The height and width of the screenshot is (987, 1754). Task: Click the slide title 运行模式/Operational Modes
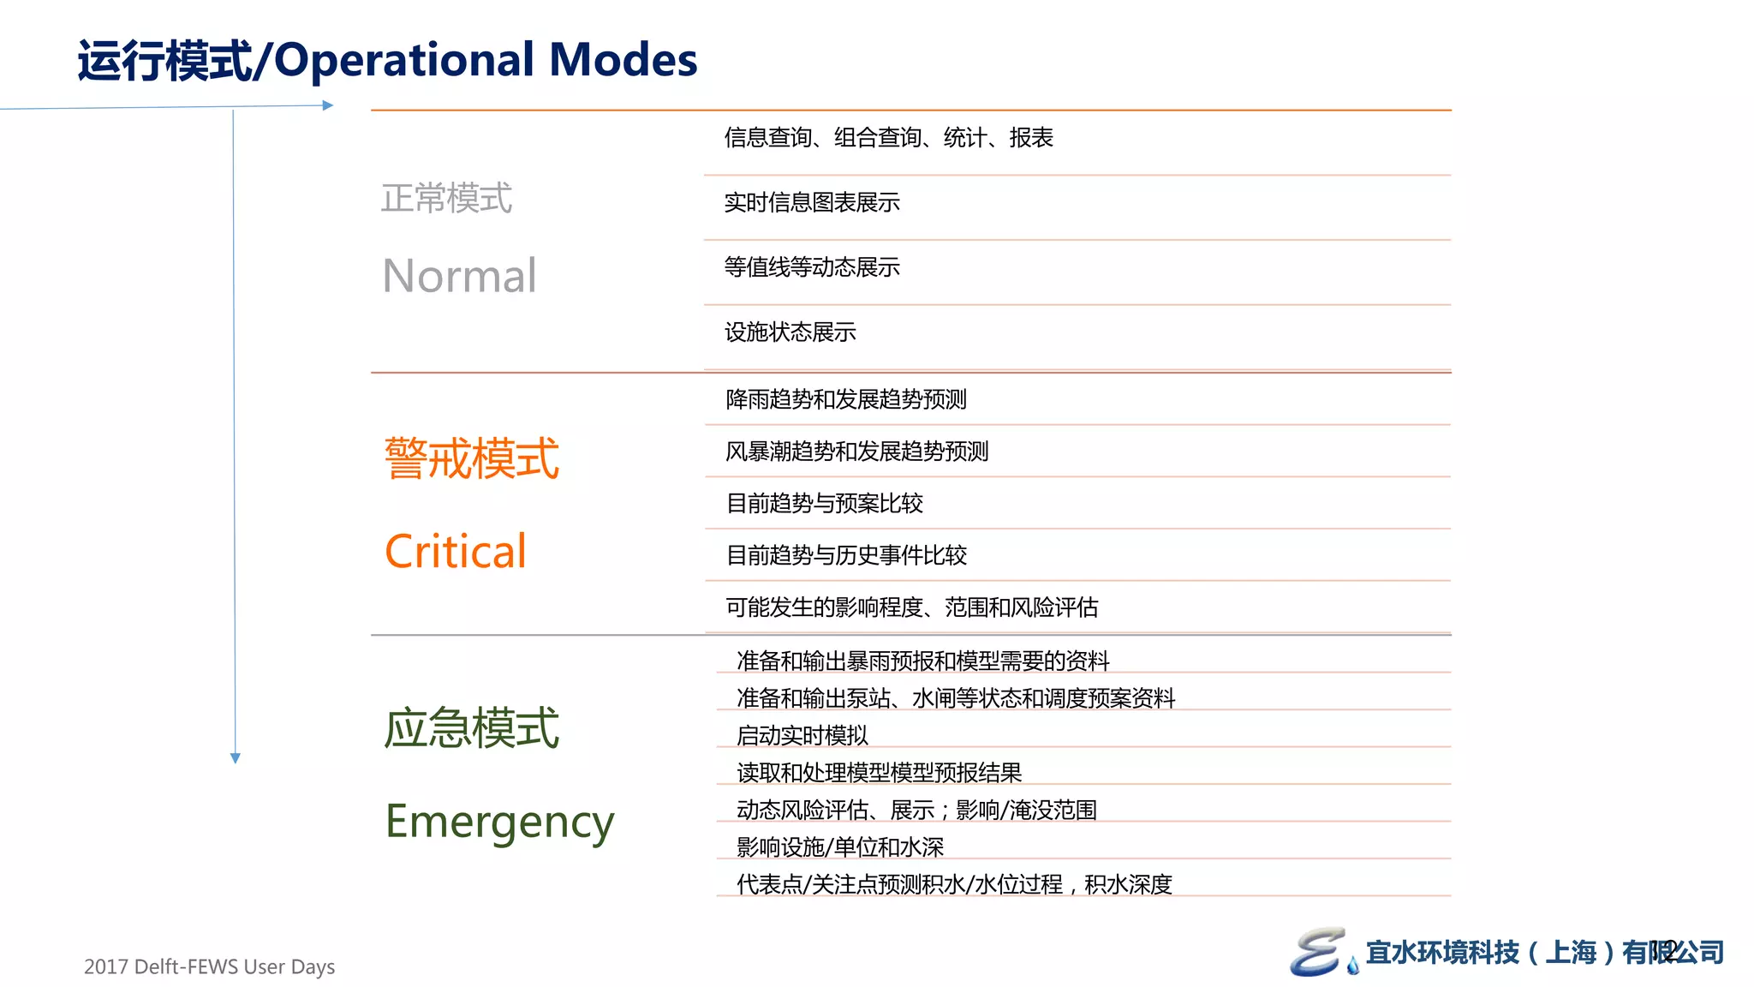pos(387,60)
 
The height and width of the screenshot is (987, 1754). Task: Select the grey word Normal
pos(459,276)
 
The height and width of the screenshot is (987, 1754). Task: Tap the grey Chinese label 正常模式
pos(446,198)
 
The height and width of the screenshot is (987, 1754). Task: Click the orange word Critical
pos(455,551)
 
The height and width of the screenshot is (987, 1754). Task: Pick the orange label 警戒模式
pos(471,458)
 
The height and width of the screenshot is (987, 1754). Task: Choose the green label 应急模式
pos(471,728)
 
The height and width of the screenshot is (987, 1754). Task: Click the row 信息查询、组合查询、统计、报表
pos(888,137)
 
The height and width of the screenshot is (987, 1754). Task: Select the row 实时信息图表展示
pos(812,202)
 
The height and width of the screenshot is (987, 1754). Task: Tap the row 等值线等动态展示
pos(812,267)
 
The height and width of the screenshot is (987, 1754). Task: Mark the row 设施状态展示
pos(790,332)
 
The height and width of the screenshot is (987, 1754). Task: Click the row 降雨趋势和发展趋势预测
pos(845,399)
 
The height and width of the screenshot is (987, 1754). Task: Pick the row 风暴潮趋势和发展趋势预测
pos(856,452)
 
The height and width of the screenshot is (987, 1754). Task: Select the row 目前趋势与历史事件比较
pos(846,555)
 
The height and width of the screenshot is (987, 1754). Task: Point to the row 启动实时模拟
pos(802,735)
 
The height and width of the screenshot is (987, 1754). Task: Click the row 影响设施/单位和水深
pos(839,846)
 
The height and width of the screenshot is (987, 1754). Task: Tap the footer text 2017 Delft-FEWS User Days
pos(209,966)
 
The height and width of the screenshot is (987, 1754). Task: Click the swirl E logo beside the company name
pos(1317,951)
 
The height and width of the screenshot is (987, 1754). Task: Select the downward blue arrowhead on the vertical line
pos(236,758)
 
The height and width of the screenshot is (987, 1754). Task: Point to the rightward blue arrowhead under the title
pos(328,105)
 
